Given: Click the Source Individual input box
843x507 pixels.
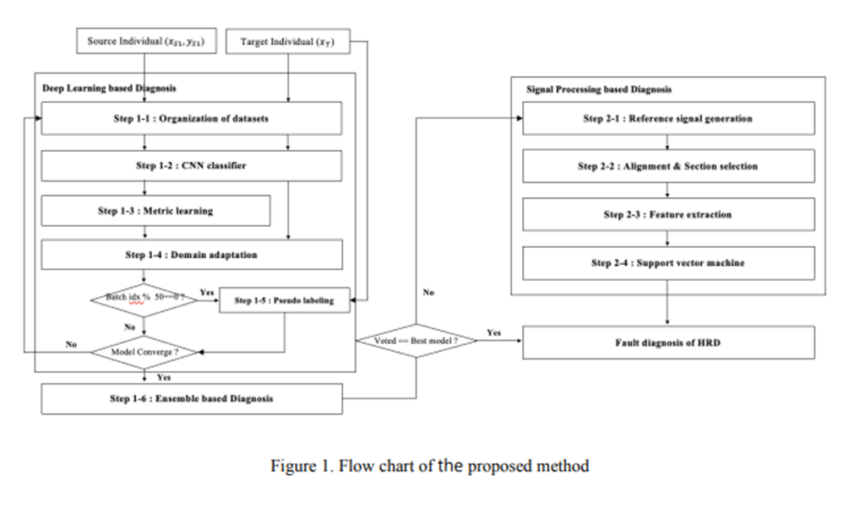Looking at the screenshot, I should coord(144,41).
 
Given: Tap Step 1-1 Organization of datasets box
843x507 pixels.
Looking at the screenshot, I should coord(192,119).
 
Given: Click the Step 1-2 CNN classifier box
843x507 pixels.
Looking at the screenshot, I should coord(192,166).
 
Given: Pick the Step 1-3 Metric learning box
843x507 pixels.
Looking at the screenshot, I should coord(155,211).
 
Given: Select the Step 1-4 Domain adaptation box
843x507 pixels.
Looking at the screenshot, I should coord(192,255).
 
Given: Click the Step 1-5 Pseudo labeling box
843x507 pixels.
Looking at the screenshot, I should coord(283,300).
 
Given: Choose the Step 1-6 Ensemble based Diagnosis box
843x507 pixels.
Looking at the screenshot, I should coord(192,397).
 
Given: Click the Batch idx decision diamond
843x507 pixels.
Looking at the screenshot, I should coord(144,300).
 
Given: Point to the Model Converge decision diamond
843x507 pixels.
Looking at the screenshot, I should coord(144,350).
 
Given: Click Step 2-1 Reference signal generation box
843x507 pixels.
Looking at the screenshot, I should coord(667,119).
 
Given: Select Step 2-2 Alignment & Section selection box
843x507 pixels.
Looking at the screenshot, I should coord(667,166).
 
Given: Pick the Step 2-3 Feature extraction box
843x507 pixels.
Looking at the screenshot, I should coord(667,214).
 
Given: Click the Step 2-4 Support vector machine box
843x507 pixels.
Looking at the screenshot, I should coord(667,262).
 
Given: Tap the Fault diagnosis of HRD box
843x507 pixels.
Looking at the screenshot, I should coord(667,343).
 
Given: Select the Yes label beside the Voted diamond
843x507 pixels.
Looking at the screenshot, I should coord(494,333).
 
